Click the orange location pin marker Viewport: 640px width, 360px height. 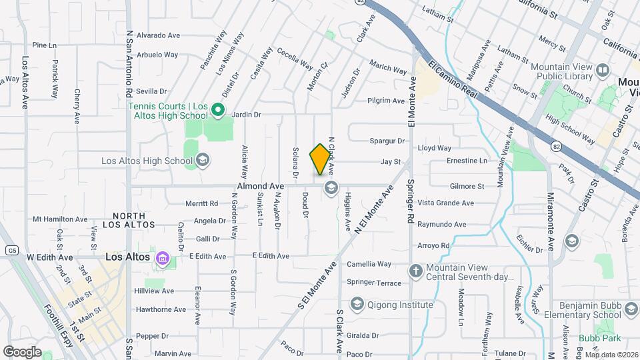[x=321, y=159]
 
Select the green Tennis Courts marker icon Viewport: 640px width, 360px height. [x=217, y=110]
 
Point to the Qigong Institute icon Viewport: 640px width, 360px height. [x=357, y=305]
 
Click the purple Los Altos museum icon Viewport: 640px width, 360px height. [x=161, y=258]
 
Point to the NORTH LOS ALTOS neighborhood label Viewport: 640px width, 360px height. [x=133, y=220]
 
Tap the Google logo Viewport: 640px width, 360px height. [x=21, y=351]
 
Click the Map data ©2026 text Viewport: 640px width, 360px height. [x=611, y=354]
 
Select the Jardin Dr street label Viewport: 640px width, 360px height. [x=246, y=115]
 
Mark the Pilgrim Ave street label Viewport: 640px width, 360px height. [x=386, y=101]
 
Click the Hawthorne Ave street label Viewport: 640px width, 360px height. [x=161, y=309]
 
